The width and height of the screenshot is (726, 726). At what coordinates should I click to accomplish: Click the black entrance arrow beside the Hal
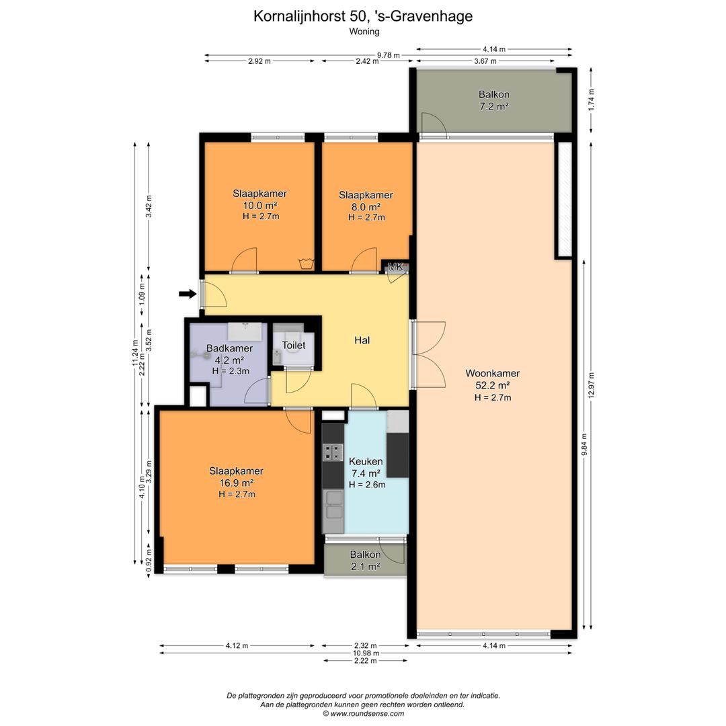click(188, 294)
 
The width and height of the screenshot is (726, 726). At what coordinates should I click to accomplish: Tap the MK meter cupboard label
click(395, 267)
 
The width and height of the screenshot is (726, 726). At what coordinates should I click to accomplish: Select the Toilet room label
click(294, 346)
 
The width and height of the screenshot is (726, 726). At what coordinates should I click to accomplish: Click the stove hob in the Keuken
click(333, 452)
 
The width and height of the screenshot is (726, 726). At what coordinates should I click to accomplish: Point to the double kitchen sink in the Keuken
click(333, 505)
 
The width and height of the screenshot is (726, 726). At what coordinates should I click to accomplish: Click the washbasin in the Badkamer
click(245, 331)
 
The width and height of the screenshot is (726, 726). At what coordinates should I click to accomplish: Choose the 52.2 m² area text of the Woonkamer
click(493, 385)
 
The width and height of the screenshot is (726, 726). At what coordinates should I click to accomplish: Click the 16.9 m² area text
click(236, 483)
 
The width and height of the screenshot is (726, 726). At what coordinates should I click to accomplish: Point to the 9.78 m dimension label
click(388, 55)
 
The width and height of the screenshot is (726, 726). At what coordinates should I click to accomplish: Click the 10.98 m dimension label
click(366, 653)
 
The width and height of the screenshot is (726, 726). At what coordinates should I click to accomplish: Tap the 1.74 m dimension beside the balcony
click(591, 99)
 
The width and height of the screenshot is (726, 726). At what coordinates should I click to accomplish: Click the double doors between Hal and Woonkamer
click(428, 354)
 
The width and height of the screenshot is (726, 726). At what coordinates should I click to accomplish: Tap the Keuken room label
click(366, 462)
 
